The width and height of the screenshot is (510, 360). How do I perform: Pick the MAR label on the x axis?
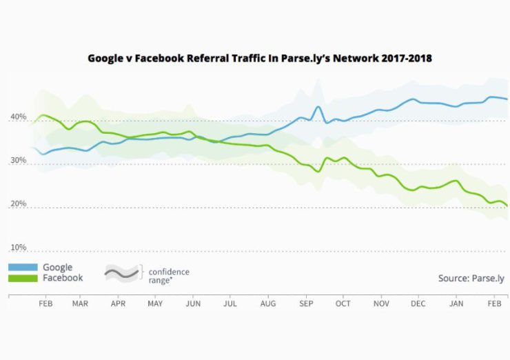(80, 303)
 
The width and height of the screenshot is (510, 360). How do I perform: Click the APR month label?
(118, 303)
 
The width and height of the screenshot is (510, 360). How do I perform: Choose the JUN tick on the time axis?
(193, 303)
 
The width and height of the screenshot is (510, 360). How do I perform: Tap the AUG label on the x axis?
(268, 303)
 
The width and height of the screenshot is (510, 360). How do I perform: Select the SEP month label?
(306, 303)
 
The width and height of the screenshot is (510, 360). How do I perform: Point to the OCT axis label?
(343, 303)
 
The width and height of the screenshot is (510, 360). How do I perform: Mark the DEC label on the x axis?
(418, 303)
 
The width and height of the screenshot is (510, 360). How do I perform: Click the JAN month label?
(456, 303)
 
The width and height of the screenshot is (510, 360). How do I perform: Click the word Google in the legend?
(57, 267)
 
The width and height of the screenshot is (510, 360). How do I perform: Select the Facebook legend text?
(63, 278)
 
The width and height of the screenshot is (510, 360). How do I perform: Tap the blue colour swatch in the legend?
(22, 267)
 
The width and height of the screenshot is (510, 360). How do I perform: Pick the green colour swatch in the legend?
(22, 278)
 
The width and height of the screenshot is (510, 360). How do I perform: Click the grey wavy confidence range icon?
(121, 273)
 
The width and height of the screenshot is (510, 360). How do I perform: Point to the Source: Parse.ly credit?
(471, 279)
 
